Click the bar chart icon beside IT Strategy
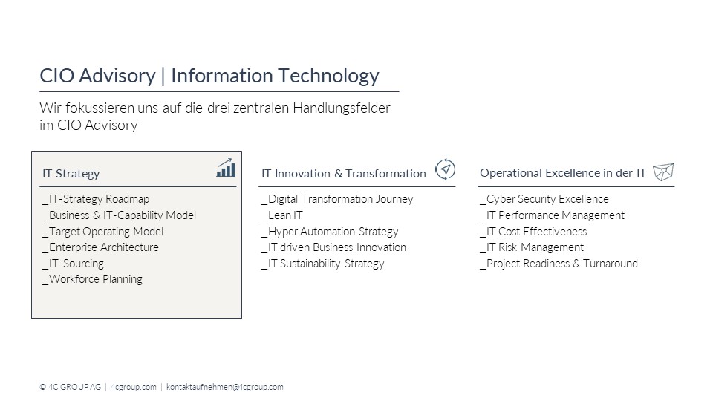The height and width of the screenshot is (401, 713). pos(226,168)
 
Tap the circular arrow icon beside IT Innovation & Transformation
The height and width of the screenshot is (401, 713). pos(445,169)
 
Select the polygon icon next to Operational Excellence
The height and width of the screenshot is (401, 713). pos(663,172)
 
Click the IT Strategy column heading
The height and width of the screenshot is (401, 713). pos(71,174)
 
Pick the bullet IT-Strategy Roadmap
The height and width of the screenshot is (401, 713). pos(96,199)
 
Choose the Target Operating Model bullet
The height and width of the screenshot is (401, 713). pos(102,232)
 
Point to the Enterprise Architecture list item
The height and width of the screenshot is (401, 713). pos(100,247)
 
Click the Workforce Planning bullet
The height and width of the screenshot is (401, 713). pos(92,279)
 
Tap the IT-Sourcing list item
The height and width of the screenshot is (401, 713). pos(74,264)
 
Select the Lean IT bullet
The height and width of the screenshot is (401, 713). pos(282,215)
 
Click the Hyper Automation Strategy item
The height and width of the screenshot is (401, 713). pos(330,232)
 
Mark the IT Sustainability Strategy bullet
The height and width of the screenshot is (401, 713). pos(323,264)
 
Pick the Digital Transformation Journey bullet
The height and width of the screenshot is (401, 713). pos(337,199)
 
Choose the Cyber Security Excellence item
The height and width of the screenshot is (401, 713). pos(544,199)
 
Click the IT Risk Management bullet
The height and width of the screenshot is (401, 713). pos(532,247)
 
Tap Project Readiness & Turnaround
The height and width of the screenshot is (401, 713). pos(559,264)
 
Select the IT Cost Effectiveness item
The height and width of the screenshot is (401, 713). pos(533,232)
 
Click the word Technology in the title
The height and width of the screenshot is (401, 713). pos(328,76)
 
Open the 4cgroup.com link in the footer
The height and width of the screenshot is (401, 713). pos(133,387)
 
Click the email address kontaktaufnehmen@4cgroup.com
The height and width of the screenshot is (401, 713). pos(224,387)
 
